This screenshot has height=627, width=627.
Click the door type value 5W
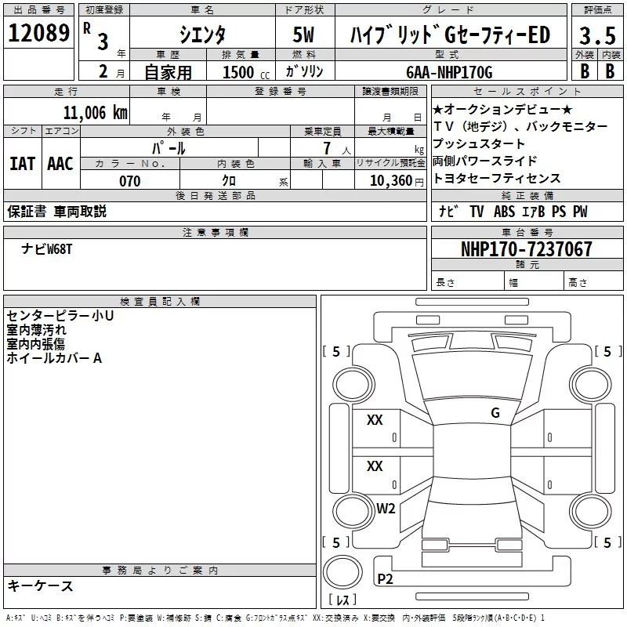pos(304,35)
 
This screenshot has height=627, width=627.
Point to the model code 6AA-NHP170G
pos(450,72)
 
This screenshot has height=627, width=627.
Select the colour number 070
pos(129,181)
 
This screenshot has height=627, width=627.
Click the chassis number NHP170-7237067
pos(527,249)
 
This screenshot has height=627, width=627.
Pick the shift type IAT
pos(22,164)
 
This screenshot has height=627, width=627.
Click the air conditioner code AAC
pos(60,164)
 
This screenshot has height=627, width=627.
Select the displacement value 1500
pos(238,72)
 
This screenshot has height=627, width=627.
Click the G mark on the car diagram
pos(495,413)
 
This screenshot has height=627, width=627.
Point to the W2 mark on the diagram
pos(386,509)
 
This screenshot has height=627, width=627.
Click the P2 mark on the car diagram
pos(385,579)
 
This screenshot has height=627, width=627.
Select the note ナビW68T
pos(47,248)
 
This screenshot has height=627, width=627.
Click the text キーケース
pos(41,585)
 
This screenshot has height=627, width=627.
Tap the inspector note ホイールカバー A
pos(54,358)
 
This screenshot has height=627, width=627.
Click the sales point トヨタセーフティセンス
pos(496,179)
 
